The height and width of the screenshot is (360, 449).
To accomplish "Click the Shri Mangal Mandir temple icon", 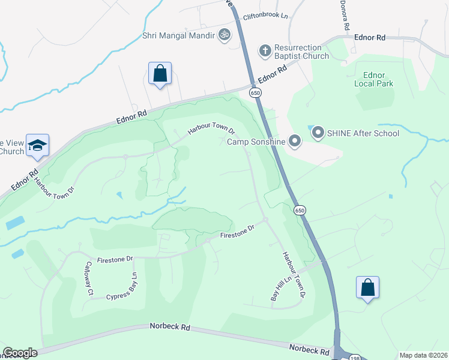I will [x=225, y=35].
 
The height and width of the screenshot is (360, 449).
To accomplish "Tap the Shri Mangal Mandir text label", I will [x=179, y=35].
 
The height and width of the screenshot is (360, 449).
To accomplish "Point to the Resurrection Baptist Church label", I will [x=301, y=52].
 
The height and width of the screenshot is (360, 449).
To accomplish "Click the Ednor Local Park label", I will [x=378, y=79].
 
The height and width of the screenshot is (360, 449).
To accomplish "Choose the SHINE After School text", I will [x=363, y=133].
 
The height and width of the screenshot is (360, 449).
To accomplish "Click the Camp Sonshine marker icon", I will [x=295, y=142].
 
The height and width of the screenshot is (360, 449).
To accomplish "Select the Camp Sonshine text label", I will [x=255, y=142].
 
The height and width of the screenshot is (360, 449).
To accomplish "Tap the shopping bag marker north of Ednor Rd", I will [x=160, y=74].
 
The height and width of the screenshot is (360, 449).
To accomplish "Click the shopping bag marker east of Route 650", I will [x=367, y=288].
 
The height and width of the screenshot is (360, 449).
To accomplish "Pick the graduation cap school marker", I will [x=37, y=146].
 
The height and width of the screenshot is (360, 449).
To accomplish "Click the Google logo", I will [x=20, y=353].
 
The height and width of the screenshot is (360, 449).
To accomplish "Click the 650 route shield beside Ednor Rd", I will [x=256, y=93].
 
